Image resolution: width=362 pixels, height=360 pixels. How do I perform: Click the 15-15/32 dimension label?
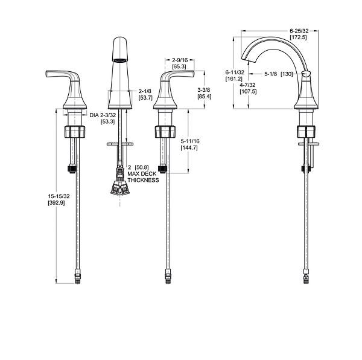click(x=59, y=196)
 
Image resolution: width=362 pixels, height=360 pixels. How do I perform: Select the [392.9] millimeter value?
click(x=56, y=203)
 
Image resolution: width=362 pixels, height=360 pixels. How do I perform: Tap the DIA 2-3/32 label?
click(x=103, y=115)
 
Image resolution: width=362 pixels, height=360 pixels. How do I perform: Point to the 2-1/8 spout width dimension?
click(x=145, y=91)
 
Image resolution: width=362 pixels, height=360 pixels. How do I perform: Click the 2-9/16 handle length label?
click(x=180, y=60)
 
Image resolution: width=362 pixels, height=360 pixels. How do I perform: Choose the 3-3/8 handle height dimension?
click(x=204, y=90)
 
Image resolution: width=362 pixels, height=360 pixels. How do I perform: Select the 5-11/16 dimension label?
click(x=190, y=141)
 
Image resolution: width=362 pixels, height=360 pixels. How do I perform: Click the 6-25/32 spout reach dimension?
click(x=299, y=31)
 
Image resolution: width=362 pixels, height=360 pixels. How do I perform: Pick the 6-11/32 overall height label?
click(x=235, y=72)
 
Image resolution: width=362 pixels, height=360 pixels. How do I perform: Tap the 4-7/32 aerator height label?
click(x=247, y=85)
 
